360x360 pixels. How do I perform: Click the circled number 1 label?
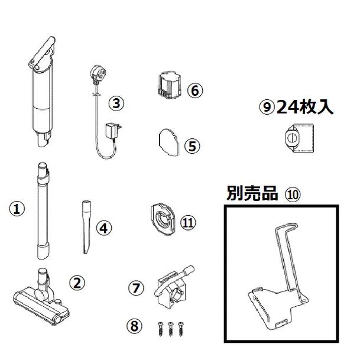17,208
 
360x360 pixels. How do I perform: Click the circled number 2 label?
76,283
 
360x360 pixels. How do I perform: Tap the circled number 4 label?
103,228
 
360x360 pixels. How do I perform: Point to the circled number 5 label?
192,145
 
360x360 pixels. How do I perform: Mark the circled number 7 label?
137,288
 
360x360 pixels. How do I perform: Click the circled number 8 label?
135,325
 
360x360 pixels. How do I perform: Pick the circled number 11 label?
189,223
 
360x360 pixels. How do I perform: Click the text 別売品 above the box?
252,194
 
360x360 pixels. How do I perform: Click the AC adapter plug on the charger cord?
111,131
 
